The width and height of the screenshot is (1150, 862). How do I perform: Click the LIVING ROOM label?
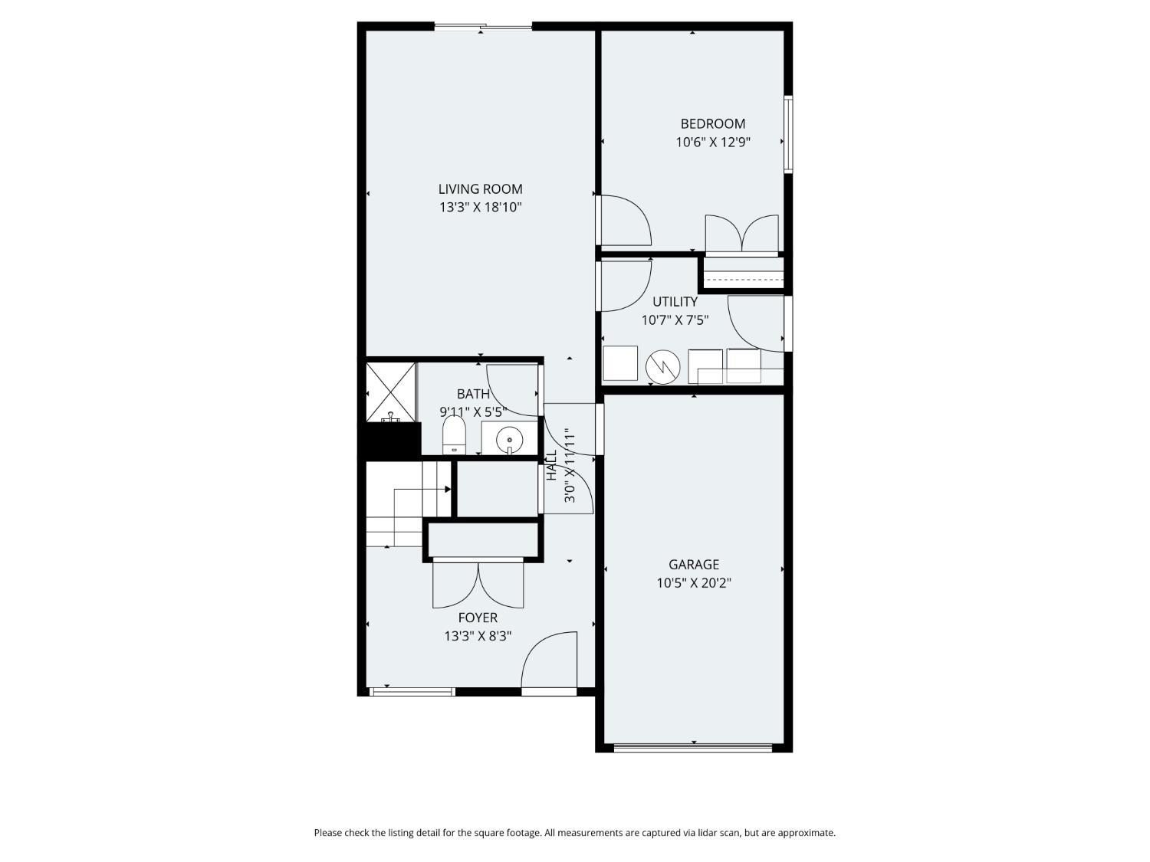pyautogui.click(x=480, y=189)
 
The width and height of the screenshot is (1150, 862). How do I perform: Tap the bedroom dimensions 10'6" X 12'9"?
pyautogui.click(x=712, y=142)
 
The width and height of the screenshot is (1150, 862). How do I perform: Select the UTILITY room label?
pyautogui.click(x=675, y=301)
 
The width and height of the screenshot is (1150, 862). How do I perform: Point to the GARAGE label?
pyautogui.click(x=693, y=564)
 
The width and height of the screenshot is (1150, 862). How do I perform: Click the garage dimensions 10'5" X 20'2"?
pyautogui.click(x=694, y=582)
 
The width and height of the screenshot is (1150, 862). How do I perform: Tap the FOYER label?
pyautogui.click(x=478, y=618)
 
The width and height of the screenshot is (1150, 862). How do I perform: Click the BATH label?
pyautogui.click(x=472, y=394)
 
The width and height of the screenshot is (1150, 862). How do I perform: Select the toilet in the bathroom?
pyautogui.click(x=454, y=435)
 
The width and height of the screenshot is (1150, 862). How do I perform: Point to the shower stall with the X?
pyautogui.click(x=390, y=392)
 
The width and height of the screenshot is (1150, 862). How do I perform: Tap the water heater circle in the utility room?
pyautogui.click(x=662, y=367)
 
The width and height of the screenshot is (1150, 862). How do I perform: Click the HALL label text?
pyautogui.click(x=552, y=465)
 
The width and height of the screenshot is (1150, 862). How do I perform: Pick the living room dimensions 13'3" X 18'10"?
pyautogui.click(x=481, y=207)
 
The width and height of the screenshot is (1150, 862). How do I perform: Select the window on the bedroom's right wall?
pyautogui.click(x=788, y=134)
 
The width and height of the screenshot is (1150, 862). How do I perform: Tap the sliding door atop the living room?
pyautogui.click(x=483, y=25)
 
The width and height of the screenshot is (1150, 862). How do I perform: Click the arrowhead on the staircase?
pyautogui.click(x=448, y=490)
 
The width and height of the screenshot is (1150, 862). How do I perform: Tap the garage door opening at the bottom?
pyautogui.click(x=692, y=748)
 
